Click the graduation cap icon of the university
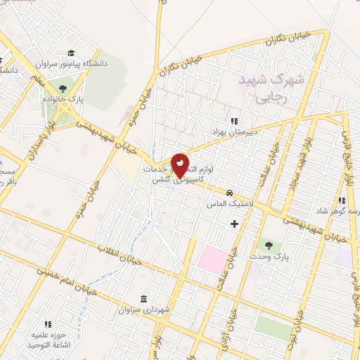(71, 52)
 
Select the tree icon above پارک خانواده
(63, 89)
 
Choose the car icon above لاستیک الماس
(229, 192)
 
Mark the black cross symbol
(235, 224)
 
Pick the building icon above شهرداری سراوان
(144, 298)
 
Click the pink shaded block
(212, 259)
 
